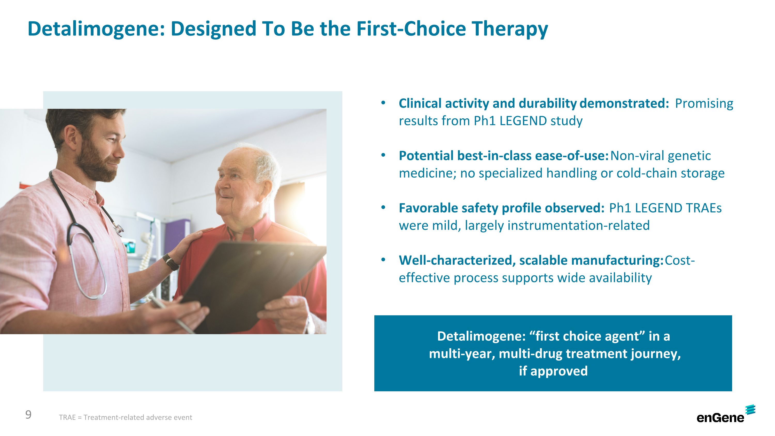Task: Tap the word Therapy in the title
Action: click(x=510, y=29)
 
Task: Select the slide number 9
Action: click(x=28, y=415)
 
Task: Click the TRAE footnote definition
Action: click(x=126, y=417)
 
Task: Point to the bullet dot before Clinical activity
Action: click(x=383, y=103)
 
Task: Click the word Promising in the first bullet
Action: click(x=704, y=104)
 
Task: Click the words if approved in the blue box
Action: click(x=553, y=371)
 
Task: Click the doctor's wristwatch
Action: click(x=171, y=262)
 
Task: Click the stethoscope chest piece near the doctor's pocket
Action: click(x=119, y=230)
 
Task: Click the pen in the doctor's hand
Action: click(x=172, y=315)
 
